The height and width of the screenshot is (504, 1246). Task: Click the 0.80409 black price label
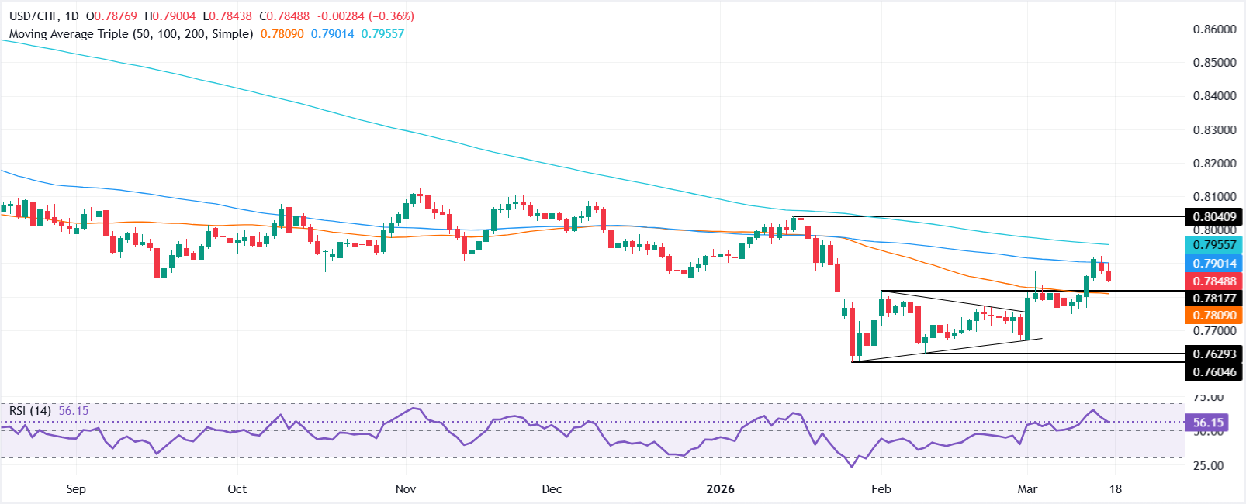pyautogui.click(x=1214, y=216)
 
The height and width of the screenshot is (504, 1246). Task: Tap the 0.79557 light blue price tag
pyautogui.click(x=1214, y=245)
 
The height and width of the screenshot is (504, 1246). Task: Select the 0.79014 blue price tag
pyautogui.click(x=1214, y=264)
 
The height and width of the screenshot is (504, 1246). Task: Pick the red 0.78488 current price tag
pyautogui.click(x=1214, y=281)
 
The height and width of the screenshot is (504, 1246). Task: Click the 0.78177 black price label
pyautogui.click(x=1214, y=298)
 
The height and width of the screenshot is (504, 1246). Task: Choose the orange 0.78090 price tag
pyautogui.click(x=1214, y=316)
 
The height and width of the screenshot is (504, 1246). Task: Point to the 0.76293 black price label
pyautogui.click(x=1214, y=354)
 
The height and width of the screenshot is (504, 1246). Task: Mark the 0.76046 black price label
pyautogui.click(x=1214, y=372)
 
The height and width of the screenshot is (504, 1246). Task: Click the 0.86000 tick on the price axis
pyautogui.click(x=1214, y=29)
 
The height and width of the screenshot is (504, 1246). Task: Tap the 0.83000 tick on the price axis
pyautogui.click(x=1214, y=129)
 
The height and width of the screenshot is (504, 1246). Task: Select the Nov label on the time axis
pyautogui.click(x=406, y=489)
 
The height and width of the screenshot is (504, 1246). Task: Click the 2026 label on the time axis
pyautogui.click(x=721, y=489)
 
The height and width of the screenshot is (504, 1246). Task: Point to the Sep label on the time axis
pyautogui.click(x=76, y=489)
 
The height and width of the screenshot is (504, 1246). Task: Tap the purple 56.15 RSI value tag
pyautogui.click(x=1208, y=423)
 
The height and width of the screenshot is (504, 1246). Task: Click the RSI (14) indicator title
pyautogui.click(x=30, y=411)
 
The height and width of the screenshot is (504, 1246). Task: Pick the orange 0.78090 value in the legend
pyautogui.click(x=282, y=34)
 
